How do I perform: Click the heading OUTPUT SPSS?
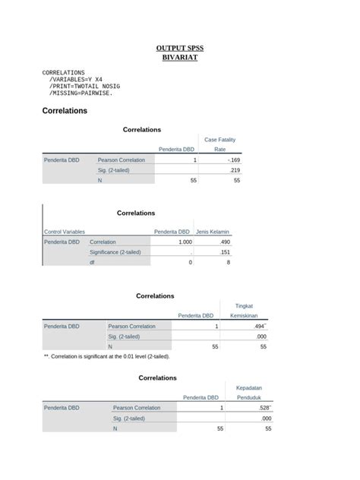tap(179, 48)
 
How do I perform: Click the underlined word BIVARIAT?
tap(179, 58)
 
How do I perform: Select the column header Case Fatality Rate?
tap(220, 144)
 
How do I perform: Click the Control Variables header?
tap(65, 232)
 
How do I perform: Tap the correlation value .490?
tap(224, 242)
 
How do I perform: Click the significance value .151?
tap(224, 252)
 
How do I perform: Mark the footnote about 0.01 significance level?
tap(107, 356)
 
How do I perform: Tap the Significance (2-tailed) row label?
tap(115, 252)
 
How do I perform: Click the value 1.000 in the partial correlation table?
tap(185, 242)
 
